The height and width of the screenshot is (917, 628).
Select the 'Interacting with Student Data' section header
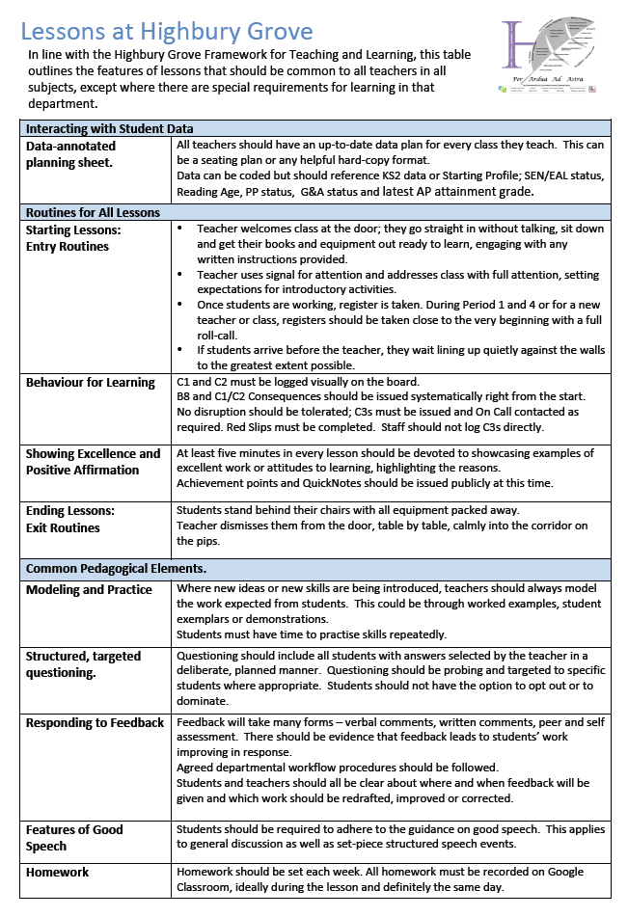[x=110, y=128]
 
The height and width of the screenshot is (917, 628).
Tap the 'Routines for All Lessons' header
[x=93, y=212]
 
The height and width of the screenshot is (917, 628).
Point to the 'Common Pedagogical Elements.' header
[x=116, y=569]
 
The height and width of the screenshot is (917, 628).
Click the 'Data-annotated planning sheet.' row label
[x=70, y=154]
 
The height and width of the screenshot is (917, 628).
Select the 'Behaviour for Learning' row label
[x=91, y=382]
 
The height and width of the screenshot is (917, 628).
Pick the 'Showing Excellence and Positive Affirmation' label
[x=93, y=462]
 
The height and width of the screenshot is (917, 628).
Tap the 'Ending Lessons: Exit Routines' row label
[x=70, y=519]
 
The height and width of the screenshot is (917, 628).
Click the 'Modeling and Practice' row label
[x=89, y=589]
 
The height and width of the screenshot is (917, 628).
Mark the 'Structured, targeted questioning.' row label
[x=83, y=663]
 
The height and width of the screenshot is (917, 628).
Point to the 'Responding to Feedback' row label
[x=95, y=722]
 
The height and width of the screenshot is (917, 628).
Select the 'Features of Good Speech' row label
[x=74, y=837]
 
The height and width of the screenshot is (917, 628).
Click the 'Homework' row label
[x=57, y=872]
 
